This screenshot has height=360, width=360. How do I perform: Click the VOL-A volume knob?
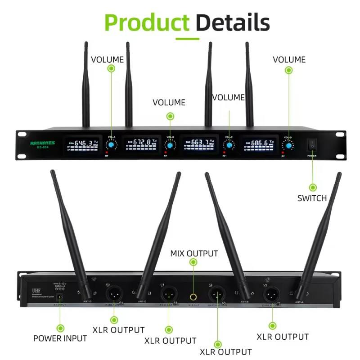(x=111, y=145)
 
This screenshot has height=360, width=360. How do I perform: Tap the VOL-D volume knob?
(x=288, y=145)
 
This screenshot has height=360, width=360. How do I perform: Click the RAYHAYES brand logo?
(x=42, y=143)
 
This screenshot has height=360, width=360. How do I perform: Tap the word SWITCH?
(x=312, y=198)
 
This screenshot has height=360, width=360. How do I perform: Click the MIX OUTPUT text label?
(x=194, y=253)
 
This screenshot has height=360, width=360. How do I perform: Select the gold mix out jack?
(x=194, y=297)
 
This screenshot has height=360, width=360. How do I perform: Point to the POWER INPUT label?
(x=60, y=338)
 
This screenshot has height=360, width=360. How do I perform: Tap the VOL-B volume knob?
(x=170, y=145)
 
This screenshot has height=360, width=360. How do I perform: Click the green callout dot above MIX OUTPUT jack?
(x=193, y=262)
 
